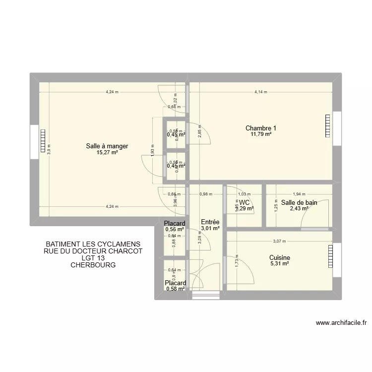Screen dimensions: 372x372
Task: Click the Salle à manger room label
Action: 107,146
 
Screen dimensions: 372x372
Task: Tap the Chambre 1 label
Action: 261,128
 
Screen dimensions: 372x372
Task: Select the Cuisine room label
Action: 280,257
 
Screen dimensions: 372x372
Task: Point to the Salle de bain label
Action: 299,202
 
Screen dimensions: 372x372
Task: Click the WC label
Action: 244,202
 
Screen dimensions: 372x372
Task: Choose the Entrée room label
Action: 210,222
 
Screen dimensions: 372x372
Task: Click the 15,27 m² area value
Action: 107,153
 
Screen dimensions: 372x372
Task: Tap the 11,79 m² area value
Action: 261,134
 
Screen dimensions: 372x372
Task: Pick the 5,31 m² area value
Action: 279,264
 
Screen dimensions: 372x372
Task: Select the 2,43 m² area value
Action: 299,209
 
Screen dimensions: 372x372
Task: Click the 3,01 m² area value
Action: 210,229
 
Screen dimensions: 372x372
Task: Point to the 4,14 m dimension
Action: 261,92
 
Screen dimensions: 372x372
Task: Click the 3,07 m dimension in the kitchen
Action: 280,242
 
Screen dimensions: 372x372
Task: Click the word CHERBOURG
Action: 93,265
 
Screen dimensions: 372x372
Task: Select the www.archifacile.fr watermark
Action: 341,323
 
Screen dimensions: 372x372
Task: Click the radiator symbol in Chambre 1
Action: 328,126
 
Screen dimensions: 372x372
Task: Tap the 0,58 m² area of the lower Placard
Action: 176,289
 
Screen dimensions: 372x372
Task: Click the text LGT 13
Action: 93,258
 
